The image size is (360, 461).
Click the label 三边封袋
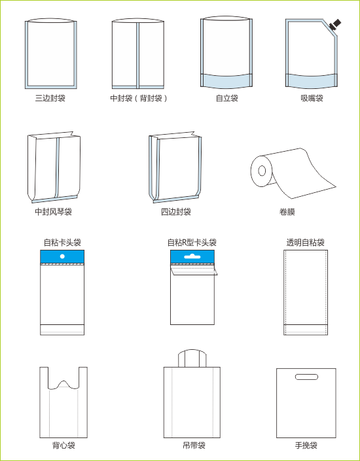[50, 98]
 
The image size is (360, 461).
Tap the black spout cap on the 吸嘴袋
[335, 25]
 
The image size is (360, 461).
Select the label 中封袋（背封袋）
[139, 98]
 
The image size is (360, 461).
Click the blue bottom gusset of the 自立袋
[226, 81]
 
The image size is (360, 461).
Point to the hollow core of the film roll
[262, 171]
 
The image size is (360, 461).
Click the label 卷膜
[287, 212]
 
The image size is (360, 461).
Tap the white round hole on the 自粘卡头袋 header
[62, 256]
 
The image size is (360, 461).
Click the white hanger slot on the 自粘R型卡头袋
[192, 256]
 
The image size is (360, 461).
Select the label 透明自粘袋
[306, 243]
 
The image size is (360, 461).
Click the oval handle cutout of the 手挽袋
[306, 377]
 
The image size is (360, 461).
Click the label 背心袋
[64, 445]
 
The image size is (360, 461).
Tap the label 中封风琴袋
[53, 212]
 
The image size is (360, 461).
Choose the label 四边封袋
[176, 212]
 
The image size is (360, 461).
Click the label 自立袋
[227, 98]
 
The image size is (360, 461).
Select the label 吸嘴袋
[312, 98]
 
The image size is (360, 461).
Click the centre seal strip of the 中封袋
[137, 55]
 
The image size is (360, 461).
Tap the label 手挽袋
[306, 445]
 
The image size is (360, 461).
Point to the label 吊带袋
[194, 445]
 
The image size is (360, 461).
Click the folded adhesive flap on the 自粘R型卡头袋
[194, 271]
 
